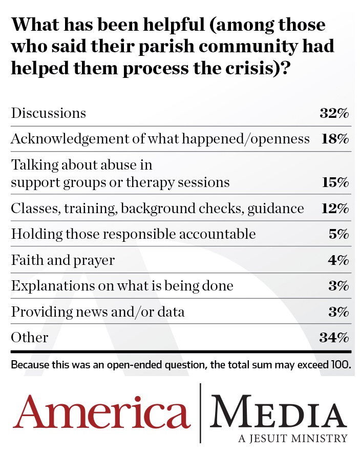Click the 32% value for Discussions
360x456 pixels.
coord(334,113)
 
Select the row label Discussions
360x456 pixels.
coord(49,113)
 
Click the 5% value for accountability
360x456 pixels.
coord(338,234)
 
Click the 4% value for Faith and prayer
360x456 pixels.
coord(338,260)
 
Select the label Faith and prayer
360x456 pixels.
coord(62,260)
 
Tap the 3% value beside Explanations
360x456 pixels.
coord(338,286)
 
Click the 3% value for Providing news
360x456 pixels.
coord(338,312)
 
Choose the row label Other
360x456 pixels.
coord(30,337)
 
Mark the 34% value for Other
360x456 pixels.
coord(334,337)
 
